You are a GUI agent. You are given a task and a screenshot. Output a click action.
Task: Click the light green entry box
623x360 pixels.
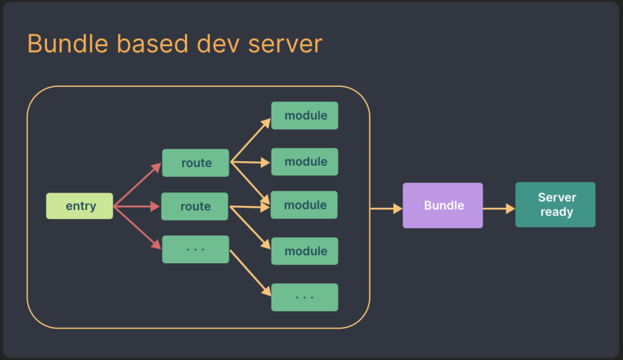(x=80, y=206)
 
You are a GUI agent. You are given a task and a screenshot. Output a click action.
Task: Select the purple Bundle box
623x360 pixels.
(x=442, y=205)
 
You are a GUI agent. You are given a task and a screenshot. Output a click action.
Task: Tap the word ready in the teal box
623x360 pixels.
(x=556, y=212)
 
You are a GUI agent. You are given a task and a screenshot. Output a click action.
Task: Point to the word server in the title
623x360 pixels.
(x=285, y=45)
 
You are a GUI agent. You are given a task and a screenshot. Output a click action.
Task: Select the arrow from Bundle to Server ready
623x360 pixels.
(x=499, y=208)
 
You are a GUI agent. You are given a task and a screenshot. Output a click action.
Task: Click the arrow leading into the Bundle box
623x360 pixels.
(x=386, y=208)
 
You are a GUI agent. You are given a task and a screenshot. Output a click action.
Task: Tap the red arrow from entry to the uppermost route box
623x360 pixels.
(x=137, y=185)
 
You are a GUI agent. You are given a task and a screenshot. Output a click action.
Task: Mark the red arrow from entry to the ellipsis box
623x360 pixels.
(x=137, y=227)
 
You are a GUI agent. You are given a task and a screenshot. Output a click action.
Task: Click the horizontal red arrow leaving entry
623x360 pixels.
(x=137, y=207)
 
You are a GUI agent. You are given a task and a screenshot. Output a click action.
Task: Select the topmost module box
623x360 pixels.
(x=304, y=116)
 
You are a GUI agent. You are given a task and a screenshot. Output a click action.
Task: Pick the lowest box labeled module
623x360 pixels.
(x=304, y=251)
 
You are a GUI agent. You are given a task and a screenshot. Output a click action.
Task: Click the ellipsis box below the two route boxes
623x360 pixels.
(x=195, y=249)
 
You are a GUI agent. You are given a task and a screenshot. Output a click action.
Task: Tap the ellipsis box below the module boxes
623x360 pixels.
(x=304, y=297)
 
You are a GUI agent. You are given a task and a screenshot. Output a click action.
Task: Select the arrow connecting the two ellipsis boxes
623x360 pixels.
(x=250, y=272)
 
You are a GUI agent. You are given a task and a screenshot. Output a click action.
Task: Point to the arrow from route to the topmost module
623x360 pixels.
(x=251, y=140)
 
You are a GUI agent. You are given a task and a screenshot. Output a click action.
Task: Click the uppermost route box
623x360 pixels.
(x=195, y=163)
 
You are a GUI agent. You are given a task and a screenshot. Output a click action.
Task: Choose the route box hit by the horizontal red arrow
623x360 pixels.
(x=195, y=207)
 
